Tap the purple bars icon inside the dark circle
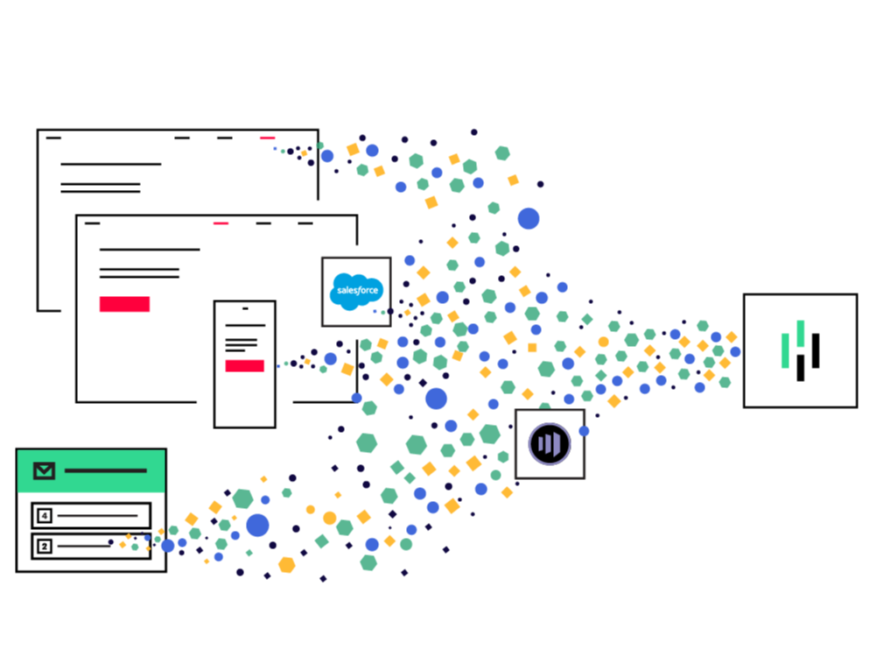[x=550, y=444]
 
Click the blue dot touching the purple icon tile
[x=585, y=431]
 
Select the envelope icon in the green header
[x=44, y=471]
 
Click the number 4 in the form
[x=45, y=516]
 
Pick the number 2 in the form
[x=45, y=546]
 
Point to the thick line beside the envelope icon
[x=105, y=471]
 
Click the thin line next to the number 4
[x=97, y=516]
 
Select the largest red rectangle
[x=124, y=304]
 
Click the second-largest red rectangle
[x=245, y=365]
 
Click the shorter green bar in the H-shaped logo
[x=785, y=350]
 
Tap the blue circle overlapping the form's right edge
[x=168, y=545]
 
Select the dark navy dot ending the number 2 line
[x=111, y=543]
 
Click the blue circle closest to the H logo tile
[x=735, y=351]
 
